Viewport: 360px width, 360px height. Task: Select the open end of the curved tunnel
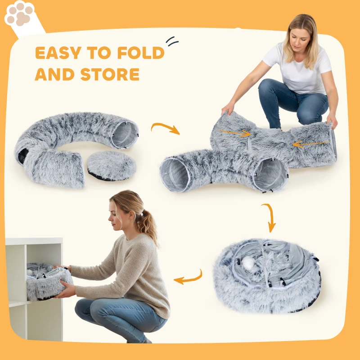coord(124,134)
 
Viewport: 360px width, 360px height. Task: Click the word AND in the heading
coord(54,74)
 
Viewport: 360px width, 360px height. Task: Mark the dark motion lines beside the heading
coord(172,41)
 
